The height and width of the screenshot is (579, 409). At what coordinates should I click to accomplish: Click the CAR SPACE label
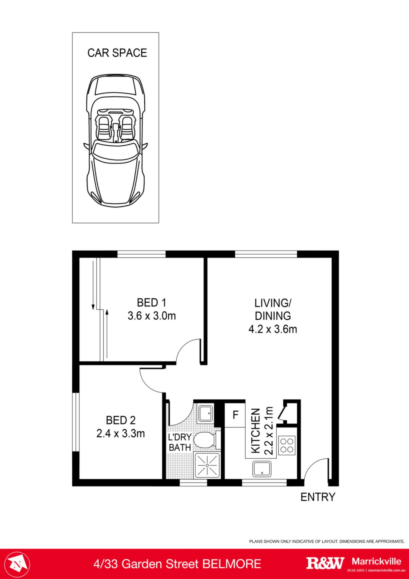117,53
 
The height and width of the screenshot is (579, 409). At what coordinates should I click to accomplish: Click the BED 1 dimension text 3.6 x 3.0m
152,316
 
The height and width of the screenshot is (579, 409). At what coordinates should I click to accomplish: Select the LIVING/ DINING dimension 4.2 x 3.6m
272,329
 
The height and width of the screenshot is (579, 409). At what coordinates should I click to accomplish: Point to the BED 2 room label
121,420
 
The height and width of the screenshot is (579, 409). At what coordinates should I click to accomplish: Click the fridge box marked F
235,415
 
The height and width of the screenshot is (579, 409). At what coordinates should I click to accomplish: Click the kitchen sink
262,469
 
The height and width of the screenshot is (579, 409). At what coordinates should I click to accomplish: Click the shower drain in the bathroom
207,465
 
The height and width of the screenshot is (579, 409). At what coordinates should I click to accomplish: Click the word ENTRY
318,497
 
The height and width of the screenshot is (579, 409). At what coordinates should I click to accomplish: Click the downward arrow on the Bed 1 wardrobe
93,285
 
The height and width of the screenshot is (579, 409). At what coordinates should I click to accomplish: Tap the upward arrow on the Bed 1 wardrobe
107,335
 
